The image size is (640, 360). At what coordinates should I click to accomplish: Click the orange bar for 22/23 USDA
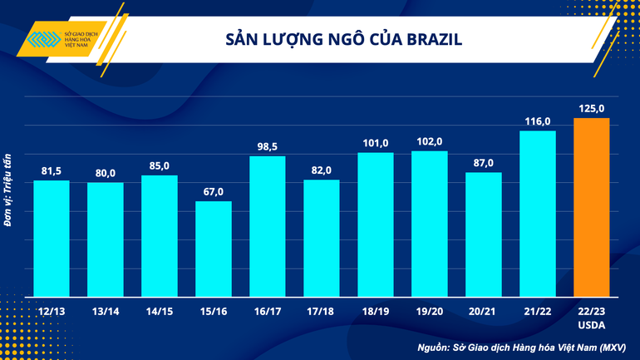pos(591,207)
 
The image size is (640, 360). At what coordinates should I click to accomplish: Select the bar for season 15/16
pos(214,249)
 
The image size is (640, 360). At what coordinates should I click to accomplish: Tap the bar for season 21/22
pos(537,214)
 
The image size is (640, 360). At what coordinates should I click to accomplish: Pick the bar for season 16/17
pos(268,226)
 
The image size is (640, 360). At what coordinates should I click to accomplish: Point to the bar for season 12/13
pos(52,239)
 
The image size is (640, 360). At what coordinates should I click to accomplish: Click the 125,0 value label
pos(591,108)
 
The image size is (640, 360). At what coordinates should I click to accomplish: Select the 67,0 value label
pos(214,192)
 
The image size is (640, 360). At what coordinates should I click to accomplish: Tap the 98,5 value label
pos(268,146)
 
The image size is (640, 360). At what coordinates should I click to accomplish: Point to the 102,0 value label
pos(430,141)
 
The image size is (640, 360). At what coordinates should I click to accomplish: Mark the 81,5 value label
pos(52,171)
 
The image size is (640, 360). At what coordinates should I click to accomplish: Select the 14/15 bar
pos(160,236)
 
